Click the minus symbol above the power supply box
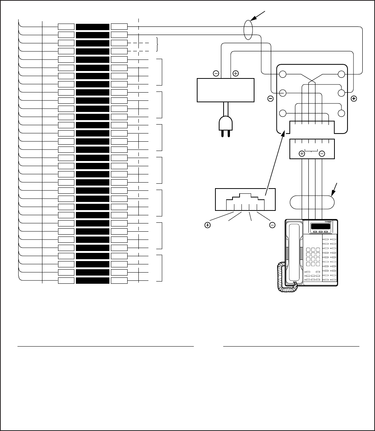point(216,73)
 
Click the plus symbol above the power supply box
point(235,73)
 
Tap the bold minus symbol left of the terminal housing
point(271,99)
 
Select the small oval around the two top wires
point(248,30)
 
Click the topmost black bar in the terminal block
point(93,27)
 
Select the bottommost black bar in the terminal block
point(93,280)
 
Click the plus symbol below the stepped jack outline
point(208,225)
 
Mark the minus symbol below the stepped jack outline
point(272,225)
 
